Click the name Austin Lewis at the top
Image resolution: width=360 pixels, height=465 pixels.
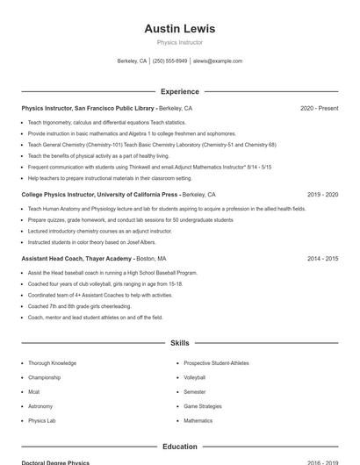click(179, 29)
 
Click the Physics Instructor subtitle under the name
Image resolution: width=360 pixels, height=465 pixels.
click(179, 42)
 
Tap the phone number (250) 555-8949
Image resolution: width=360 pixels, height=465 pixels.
click(170, 61)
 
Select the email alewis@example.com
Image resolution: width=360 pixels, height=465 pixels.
click(217, 61)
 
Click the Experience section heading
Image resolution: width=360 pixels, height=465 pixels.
click(179, 91)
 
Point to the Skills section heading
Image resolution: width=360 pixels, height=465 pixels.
click(179, 343)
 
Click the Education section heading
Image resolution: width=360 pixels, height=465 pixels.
click(179, 447)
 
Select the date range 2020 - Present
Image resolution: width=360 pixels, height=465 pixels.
click(319, 109)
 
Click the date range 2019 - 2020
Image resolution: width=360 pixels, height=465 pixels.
click(322, 195)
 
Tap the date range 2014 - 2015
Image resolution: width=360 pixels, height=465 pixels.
click(322, 259)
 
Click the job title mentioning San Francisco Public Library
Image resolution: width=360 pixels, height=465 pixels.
click(88, 109)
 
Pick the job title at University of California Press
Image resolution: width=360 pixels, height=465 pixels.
click(100, 195)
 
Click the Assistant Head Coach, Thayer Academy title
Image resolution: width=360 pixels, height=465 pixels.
click(77, 259)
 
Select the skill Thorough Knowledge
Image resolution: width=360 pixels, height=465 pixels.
click(52, 363)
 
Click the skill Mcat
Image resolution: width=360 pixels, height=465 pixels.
click(35, 391)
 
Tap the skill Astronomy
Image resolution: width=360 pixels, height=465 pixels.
click(40, 406)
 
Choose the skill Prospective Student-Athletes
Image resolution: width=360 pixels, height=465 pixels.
click(216, 363)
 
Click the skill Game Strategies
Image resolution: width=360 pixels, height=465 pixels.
click(203, 406)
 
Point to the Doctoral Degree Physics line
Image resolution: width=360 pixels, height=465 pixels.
click(55, 462)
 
